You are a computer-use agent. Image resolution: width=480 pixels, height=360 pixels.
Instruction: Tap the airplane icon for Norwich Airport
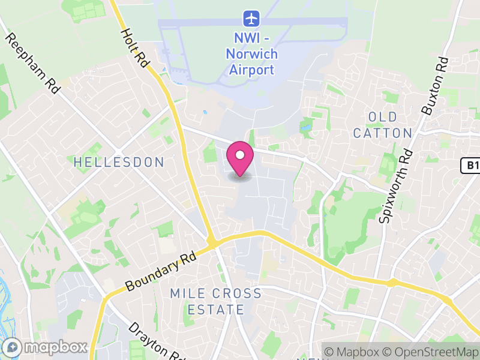pyautogui.click(x=251, y=18)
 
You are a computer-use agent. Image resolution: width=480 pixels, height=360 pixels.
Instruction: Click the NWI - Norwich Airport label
pyautogui.click(x=252, y=54)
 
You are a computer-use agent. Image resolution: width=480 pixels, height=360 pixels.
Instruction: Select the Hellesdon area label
pyautogui.click(x=119, y=162)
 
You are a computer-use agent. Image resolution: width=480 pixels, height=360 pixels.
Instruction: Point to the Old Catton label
pyautogui.click(x=383, y=125)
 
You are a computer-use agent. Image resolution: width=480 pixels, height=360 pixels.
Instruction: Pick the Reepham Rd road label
pyautogui.click(x=33, y=63)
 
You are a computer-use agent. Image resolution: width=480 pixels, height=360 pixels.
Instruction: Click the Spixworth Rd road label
pyautogui.click(x=394, y=186)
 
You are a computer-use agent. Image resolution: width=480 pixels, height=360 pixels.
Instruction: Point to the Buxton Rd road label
pyautogui.click(x=436, y=85)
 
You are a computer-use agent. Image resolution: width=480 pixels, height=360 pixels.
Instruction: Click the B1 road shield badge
pyautogui.click(x=471, y=166)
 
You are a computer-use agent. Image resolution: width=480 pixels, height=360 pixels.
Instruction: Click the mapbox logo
pyautogui.click(x=47, y=347)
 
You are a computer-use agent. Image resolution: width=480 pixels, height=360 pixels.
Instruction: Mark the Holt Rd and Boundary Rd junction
pyautogui.click(x=211, y=242)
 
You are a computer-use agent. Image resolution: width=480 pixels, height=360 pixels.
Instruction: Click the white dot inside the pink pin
pyautogui.click(x=240, y=155)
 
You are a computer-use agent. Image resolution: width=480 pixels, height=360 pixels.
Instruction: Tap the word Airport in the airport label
pyautogui.click(x=252, y=70)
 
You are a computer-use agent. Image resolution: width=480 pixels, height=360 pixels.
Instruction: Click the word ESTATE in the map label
pyautogui.click(x=216, y=310)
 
